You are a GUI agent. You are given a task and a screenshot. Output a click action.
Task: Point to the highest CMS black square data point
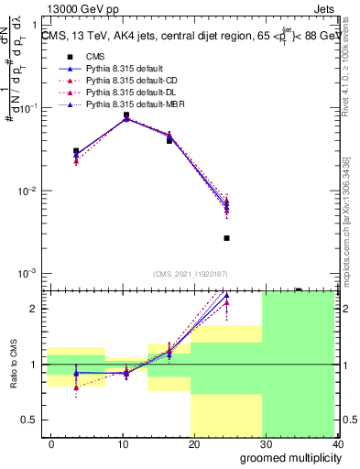[x=125, y=115]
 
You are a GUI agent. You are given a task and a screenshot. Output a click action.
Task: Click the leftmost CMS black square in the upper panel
[x=76, y=151]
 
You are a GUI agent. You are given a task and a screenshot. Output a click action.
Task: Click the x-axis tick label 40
[x=338, y=443]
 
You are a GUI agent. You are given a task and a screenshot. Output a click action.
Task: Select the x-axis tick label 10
[x=123, y=443]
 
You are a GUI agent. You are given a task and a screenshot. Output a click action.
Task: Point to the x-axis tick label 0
[x=51, y=443]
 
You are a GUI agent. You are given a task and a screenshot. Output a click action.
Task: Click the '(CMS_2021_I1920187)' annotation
[x=191, y=274]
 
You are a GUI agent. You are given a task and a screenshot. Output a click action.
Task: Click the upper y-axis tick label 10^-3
[x=27, y=274]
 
